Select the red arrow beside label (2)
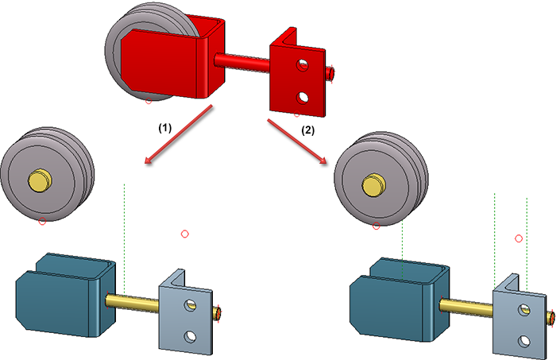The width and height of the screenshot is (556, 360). [298, 141]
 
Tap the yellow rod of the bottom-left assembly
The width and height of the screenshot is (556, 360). [135, 301]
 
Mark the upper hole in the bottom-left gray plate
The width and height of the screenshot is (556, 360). [190, 305]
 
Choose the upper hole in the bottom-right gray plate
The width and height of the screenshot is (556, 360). [523, 310]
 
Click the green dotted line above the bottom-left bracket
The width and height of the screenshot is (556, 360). [125, 238]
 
